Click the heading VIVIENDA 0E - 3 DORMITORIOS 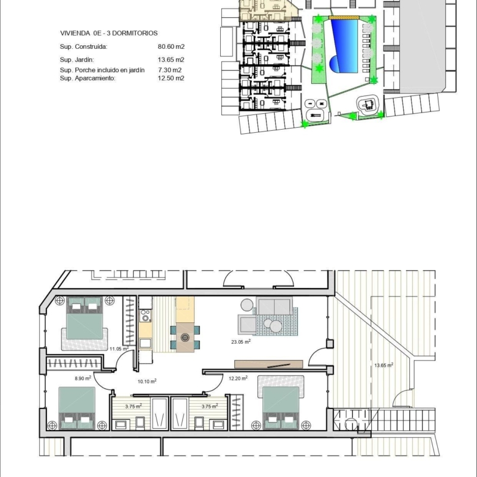coord(109,33)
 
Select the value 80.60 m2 coord(171,46)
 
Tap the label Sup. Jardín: coord(76,60)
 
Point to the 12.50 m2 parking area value coord(171,78)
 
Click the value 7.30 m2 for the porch coord(170,70)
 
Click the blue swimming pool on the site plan coord(344,46)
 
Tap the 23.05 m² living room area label coord(241,342)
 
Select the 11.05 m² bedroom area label coord(119,349)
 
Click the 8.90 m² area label coord(83,379)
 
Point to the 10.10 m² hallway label coord(147,381)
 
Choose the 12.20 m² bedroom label coord(238,379)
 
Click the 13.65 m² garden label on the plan coord(383,365)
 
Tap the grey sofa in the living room coord(274,306)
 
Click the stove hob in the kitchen coord(146,316)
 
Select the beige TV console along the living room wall coord(268,364)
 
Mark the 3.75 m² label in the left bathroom coord(133,407)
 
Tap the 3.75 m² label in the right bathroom coord(210,407)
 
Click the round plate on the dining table coord(185,338)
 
